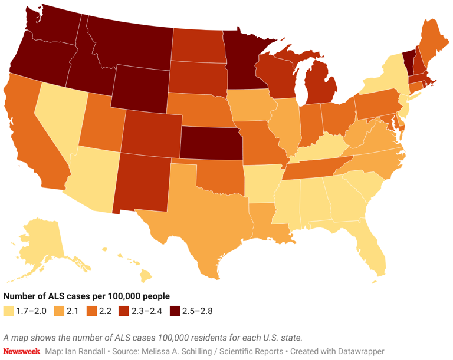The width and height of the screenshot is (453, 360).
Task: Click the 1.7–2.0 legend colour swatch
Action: (8, 311)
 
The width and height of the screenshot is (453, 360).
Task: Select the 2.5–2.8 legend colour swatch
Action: (175, 311)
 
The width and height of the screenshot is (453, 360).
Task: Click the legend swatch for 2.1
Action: (59, 311)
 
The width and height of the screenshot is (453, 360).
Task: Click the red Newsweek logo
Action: (21, 351)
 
